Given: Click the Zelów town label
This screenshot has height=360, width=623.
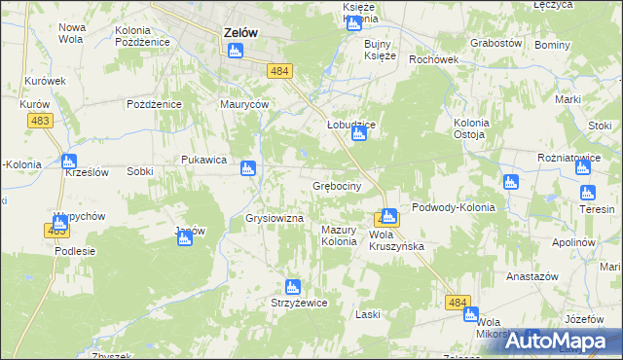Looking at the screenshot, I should pos(240,31).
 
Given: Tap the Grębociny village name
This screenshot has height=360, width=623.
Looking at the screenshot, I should pos(337,185).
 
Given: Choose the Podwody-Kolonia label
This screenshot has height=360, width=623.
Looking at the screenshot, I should pos(454,207).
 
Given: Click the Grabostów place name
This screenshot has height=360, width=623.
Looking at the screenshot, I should pos(496,44).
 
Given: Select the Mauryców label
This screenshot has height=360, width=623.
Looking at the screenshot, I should pos(243,103).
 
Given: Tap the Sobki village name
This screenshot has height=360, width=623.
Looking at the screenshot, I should pos(139,171).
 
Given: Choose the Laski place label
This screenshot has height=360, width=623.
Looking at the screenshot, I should pos(367,314).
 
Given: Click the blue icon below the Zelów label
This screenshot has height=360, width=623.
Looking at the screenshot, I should pos(235,50).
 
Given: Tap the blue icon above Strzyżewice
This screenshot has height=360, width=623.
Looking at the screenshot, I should pos(290,287).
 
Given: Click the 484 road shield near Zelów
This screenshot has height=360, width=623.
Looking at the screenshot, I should pos(280,71).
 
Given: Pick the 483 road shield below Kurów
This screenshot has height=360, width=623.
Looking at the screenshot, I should pos(41,119).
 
